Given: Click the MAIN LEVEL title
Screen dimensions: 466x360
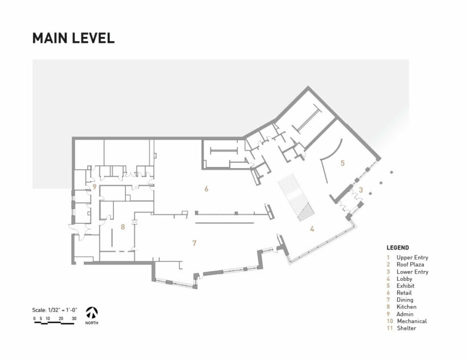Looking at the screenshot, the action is (73, 38).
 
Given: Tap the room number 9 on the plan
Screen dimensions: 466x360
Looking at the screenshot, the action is (95, 187).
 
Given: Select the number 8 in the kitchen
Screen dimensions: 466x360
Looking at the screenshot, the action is (122, 227).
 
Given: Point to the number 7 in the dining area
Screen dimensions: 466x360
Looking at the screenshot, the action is (194, 243).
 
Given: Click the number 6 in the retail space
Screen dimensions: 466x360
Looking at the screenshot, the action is (206, 189).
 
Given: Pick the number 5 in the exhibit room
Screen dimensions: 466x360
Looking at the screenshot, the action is (343, 163).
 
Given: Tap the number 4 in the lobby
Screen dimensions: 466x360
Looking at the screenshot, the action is (312, 228).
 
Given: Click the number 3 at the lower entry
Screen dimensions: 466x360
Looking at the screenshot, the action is (361, 190).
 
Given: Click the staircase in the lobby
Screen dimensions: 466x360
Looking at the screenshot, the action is (296, 198).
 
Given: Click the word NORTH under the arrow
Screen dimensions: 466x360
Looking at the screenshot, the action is (92, 323).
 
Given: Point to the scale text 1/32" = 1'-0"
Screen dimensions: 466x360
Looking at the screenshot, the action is (63, 310).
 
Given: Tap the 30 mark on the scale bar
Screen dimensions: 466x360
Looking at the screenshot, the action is (74, 318).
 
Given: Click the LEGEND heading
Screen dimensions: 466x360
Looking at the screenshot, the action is (398, 248).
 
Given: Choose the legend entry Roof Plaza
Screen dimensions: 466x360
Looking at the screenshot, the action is (410, 264).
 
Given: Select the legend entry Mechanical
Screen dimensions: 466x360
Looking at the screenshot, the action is (412, 321).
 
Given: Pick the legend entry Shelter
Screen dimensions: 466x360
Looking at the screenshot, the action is (406, 328).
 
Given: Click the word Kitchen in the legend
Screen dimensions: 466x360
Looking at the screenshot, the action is (406, 307).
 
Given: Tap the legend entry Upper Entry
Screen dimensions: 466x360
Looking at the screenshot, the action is (412, 257).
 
